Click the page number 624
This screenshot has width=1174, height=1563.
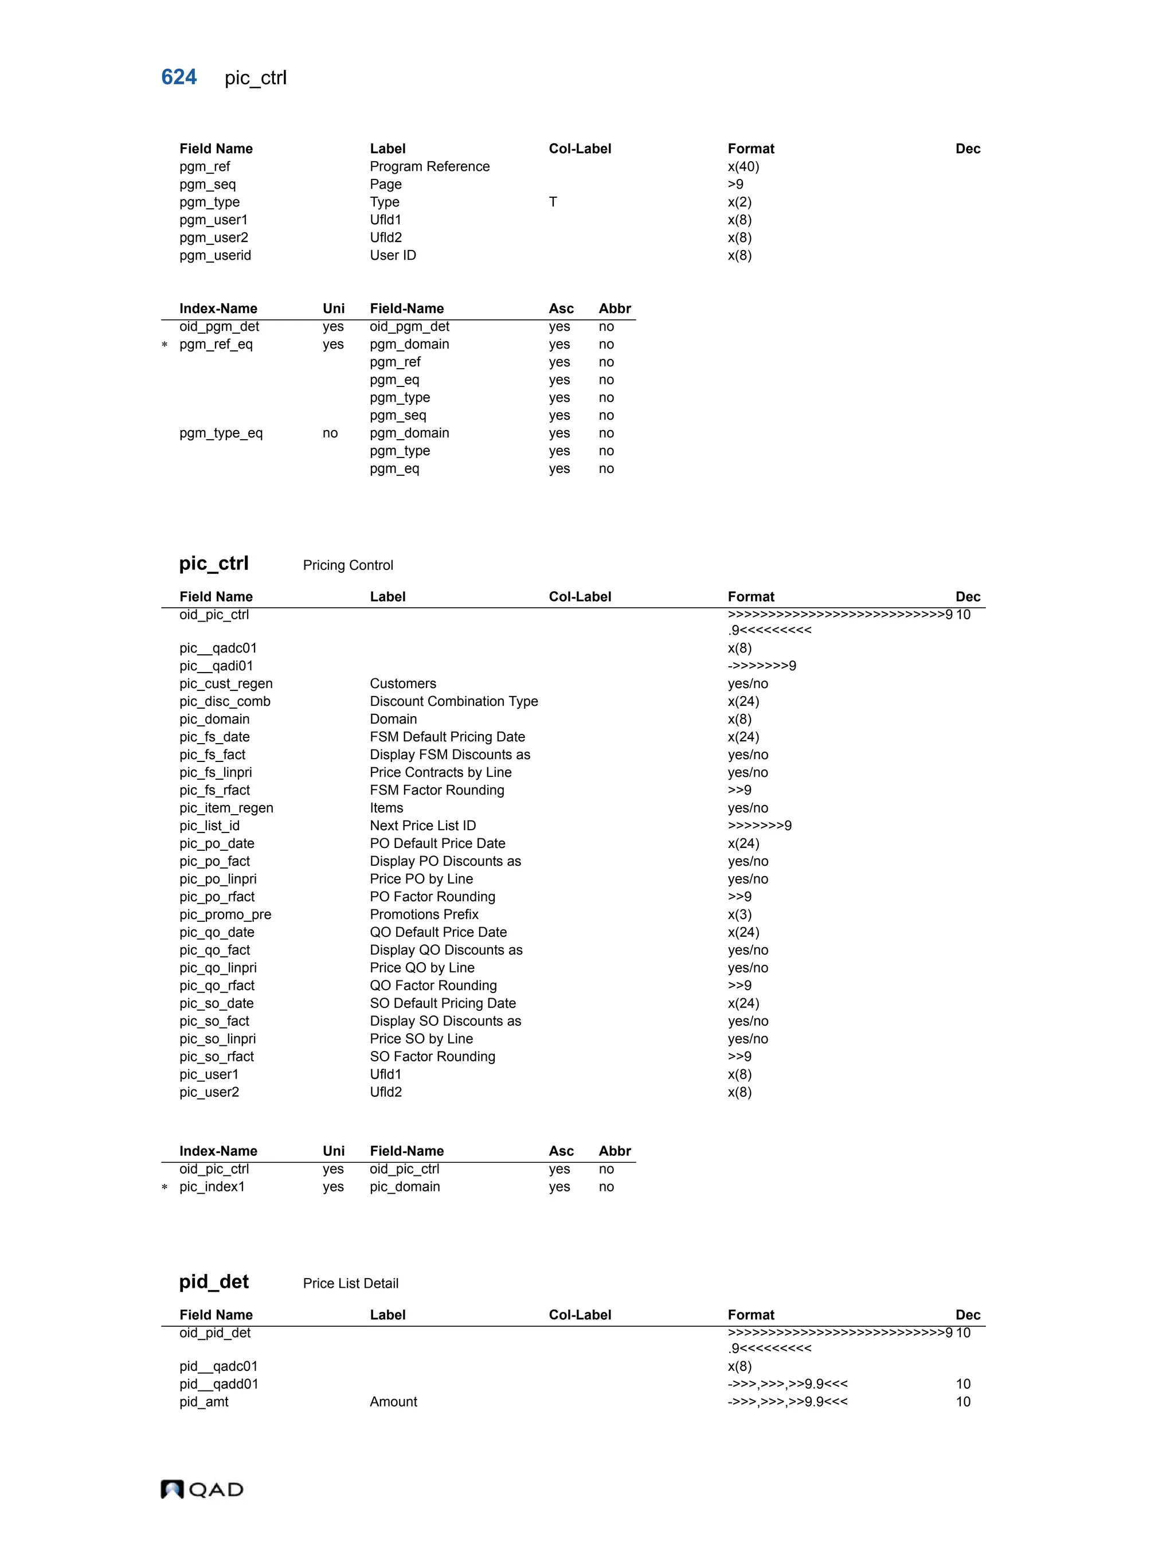179,77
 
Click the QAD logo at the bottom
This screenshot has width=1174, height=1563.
202,1489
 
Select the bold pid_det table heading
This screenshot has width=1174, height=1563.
213,1282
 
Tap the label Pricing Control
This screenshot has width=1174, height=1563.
347,565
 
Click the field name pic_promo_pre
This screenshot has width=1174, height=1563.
225,915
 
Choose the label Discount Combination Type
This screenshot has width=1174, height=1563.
453,701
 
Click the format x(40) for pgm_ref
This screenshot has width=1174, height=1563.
743,167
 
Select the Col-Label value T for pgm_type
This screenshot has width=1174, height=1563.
553,202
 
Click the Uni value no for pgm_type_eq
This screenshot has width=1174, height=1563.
330,433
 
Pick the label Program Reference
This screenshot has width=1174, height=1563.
429,167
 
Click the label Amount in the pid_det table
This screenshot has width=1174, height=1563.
393,1401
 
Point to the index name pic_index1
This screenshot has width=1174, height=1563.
212,1186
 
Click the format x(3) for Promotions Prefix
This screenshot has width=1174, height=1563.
739,915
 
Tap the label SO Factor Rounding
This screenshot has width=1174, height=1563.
432,1056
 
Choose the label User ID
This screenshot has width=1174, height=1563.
393,255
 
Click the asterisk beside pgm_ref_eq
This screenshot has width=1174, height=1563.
165,345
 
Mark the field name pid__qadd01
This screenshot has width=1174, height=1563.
218,1384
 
